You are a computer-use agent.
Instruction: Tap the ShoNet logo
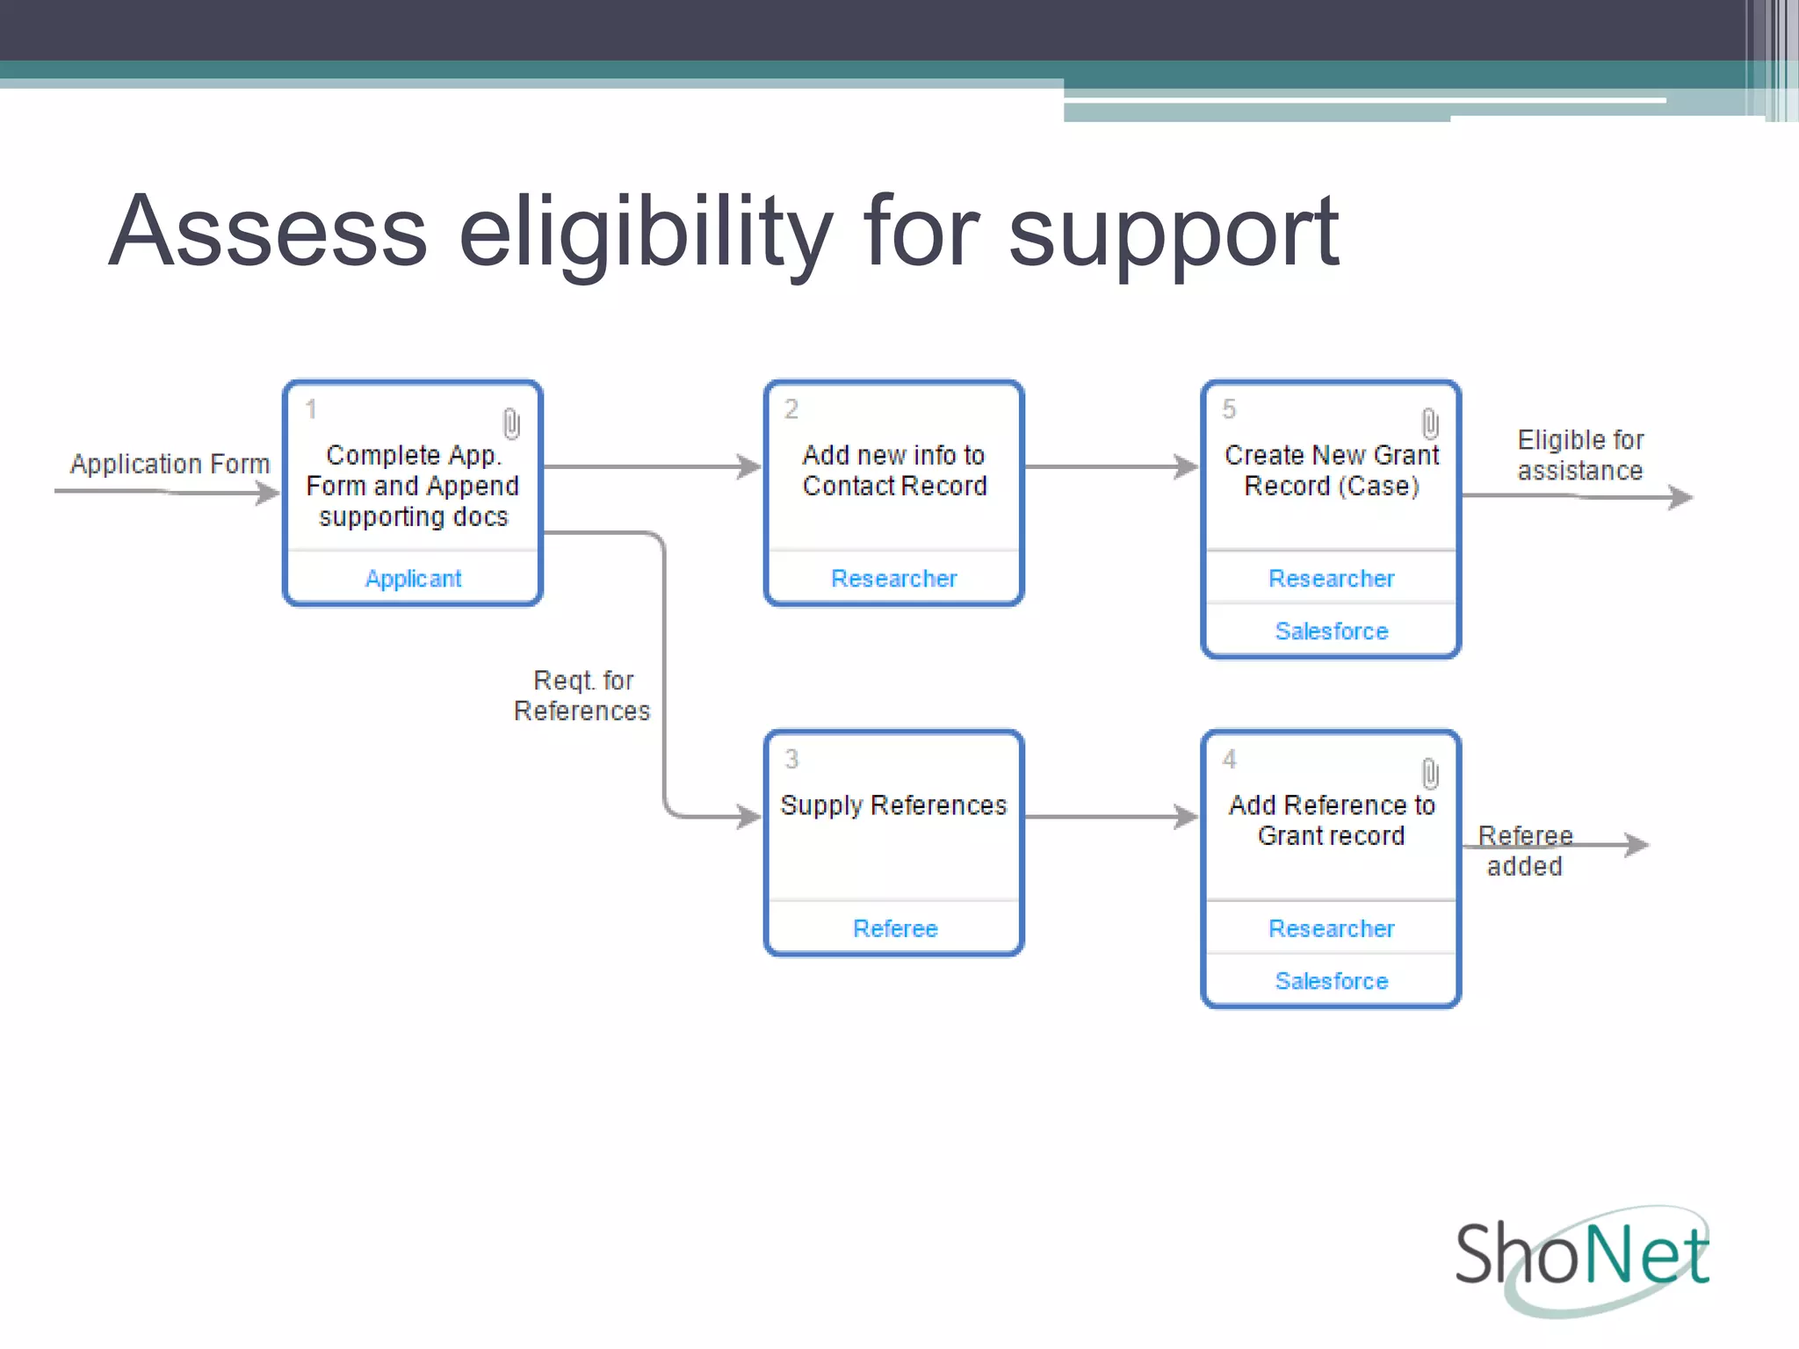pos(1582,1257)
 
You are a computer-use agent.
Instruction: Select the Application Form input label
pos(170,464)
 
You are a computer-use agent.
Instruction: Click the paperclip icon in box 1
pos(511,423)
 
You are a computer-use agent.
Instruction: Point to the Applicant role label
pos(413,579)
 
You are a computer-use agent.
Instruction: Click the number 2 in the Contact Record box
pos(791,409)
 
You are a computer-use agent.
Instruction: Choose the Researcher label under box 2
pos(893,579)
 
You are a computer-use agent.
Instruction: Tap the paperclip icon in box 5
pos(1430,423)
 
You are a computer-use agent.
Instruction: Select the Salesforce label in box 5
pos(1331,631)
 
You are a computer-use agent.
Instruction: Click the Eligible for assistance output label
pos(1580,456)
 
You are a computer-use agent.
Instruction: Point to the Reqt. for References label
pos(582,696)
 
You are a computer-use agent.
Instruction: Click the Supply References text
pos(893,805)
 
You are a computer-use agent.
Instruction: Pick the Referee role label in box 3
pos(895,928)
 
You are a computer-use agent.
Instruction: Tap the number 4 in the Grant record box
pos(1230,760)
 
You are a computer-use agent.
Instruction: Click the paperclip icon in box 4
pos(1430,774)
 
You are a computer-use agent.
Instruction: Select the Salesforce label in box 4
pos(1331,981)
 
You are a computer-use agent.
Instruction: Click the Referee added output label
pos(1525,851)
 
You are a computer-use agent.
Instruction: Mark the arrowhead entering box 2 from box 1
pos(749,466)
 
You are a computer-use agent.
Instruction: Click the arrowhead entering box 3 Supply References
pos(749,817)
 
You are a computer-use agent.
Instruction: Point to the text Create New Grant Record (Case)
pos(1331,471)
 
